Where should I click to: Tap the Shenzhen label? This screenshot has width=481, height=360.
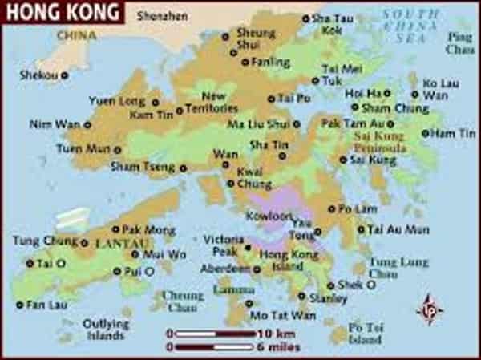click(162, 15)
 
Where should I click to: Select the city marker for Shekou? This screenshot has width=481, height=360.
click(65, 75)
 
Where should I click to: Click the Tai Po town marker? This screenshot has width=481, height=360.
click(271, 99)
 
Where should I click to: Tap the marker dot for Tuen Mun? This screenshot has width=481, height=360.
click(118, 149)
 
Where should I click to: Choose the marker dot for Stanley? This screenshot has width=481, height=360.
click(302, 296)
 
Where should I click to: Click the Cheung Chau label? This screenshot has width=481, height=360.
click(184, 300)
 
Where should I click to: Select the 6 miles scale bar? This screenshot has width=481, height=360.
click(211, 346)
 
